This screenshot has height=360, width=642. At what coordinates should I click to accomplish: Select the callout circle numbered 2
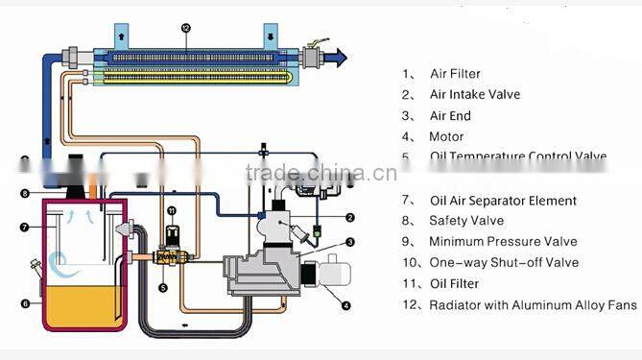click(x=351, y=218)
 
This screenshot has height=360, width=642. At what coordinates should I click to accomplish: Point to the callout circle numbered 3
click(x=351, y=243)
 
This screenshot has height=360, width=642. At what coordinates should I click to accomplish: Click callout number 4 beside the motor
click(x=346, y=306)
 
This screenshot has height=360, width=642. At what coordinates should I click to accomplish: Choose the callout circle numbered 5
click(x=163, y=287)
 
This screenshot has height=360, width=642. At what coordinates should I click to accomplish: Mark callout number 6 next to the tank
click(x=25, y=302)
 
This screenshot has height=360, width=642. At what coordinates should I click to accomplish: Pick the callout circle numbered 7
click(x=25, y=228)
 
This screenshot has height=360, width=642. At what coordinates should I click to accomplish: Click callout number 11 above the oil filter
click(x=172, y=210)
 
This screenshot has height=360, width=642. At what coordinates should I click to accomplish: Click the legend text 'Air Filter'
click(x=455, y=74)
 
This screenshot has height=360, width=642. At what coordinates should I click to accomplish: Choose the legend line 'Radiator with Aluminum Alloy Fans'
click(x=533, y=305)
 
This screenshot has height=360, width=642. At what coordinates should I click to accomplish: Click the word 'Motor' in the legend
click(x=446, y=136)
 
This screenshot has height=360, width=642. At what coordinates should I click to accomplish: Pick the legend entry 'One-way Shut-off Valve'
click(x=503, y=263)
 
